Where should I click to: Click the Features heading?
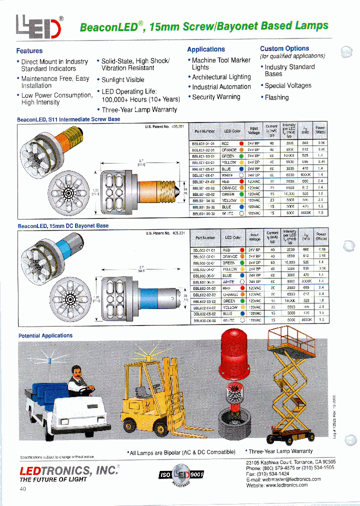click(29, 50)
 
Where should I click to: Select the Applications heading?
click(205, 49)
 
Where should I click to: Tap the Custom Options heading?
click(284, 48)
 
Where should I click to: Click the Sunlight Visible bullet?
click(122, 79)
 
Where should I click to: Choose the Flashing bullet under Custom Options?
click(276, 97)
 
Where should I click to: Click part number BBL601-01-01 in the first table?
click(203, 143)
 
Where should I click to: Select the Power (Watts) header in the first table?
click(320, 131)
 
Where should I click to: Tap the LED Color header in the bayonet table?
click(232, 237)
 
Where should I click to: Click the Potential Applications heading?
click(45, 335)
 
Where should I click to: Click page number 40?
click(22, 488)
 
